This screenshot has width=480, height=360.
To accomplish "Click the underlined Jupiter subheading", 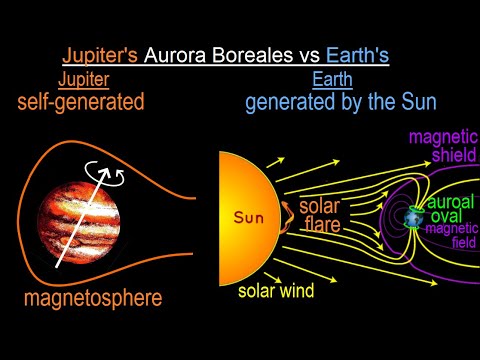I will click(x=85, y=79).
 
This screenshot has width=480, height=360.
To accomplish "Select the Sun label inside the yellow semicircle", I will click(x=250, y=215).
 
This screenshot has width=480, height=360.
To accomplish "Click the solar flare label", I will click(x=320, y=216).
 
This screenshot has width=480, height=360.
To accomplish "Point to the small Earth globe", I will click(x=414, y=216).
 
